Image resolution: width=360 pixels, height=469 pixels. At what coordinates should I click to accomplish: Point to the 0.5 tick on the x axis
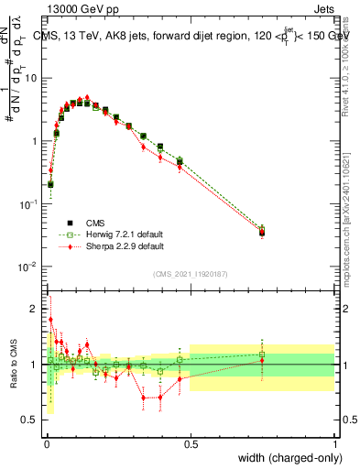pyautogui.click(x=191, y=442)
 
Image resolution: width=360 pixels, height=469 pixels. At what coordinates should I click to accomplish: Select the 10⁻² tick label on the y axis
pyautogui.click(x=29, y=267)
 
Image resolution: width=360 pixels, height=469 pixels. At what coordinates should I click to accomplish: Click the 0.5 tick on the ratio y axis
pyautogui.click(x=33, y=420)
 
